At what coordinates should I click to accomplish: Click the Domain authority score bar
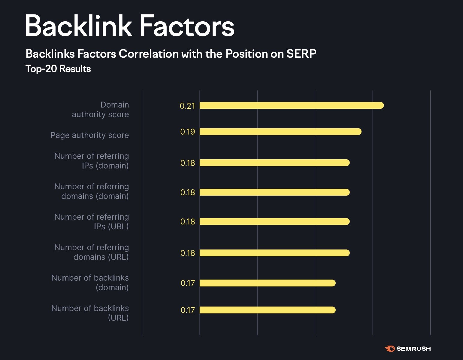click(x=291, y=105)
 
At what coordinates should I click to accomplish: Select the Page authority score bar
click(x=280, y=132)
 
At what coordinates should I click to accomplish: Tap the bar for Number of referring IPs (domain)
click(x=274, y=163)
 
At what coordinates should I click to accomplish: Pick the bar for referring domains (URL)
click(x=274, y=253)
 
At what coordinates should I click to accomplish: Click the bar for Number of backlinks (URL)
click(x=267, y=310)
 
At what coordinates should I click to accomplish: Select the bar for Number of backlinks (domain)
click(x=267, y=283)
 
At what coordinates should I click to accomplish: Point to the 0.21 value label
click(x=187, y=106)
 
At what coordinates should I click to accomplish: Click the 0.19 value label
click(x=187, y=132)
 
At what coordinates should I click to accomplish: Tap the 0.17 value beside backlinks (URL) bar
click(x=188, y=310)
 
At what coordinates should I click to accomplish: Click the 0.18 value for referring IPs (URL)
click(x=187, y=222)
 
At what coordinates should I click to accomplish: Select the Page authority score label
click(x=89, y=135)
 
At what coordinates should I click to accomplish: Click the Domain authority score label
click(x=100, y=110)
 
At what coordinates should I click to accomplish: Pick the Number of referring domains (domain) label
click(x=92, y=191)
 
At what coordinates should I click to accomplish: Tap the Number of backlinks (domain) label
click(x=90, y=282)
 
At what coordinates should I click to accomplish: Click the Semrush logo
click(x=407, y=349)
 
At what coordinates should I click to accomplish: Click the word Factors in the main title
click(x=187, y=26)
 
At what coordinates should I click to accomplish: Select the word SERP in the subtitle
click(x=301, y=54)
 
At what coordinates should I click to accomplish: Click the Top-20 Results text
click(x=58, y=69)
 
